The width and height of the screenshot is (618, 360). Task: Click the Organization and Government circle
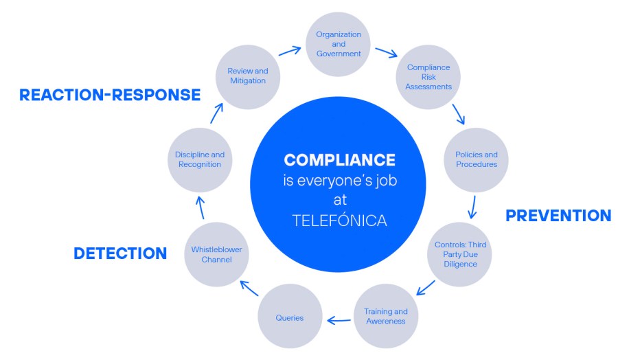(338, 44)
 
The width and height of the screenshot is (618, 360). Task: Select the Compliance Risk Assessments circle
(428, 77)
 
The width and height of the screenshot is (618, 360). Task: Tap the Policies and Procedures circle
(476, 159)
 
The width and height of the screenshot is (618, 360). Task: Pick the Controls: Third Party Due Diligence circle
(459, 254)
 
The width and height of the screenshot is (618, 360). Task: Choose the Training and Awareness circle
(386, 316)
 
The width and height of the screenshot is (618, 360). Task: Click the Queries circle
(290, 316)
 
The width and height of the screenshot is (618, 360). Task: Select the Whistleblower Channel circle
(216, 254)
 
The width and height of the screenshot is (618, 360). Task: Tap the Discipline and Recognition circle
(200, 159)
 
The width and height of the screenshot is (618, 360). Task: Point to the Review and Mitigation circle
(248, 77)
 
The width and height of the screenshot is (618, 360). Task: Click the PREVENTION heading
(558, 216)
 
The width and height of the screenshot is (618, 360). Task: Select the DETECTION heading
(120, 253)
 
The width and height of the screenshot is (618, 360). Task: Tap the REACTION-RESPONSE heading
(110, 95)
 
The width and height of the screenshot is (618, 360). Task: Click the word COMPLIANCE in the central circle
(339, 160)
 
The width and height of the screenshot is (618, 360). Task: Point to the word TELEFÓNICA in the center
(339, 221)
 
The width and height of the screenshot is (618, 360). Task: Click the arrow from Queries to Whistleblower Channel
(249, 288)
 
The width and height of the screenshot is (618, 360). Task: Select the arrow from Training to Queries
(339, 320)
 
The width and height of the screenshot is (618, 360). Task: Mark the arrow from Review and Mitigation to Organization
(290, 51)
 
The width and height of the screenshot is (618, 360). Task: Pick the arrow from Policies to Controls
(472, 207)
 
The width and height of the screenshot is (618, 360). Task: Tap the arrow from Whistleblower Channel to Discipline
(201, 207)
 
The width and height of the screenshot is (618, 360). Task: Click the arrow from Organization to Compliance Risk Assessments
(386, 52)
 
